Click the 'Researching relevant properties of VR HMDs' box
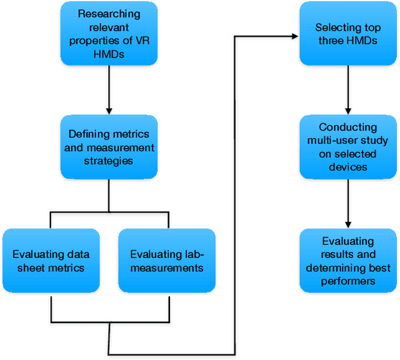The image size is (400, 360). coord(109,34)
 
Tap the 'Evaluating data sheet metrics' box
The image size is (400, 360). coord(51,261)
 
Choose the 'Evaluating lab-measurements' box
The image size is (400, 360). coord(167,261)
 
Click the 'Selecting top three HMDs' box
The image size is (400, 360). coord(347,34)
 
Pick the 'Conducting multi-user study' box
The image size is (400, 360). coord(347,147)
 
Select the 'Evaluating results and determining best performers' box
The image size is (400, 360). coord(347,261)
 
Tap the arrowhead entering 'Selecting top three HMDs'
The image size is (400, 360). coord(294,36)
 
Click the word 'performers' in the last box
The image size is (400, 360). coord(347,282)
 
